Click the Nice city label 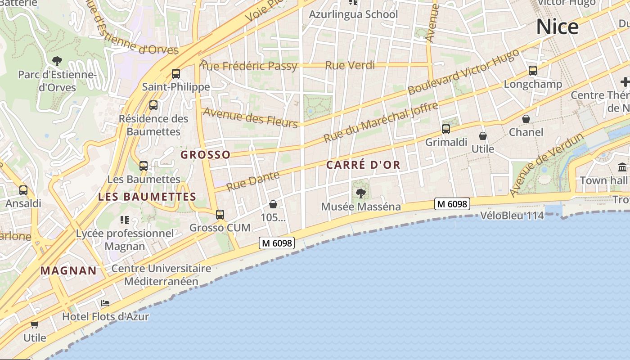tap(557, 27)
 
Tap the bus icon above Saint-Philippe tap(176, 74)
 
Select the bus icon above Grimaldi tap(446, 129)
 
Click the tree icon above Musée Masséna tap(360, 193)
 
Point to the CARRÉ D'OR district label tap(363, 165)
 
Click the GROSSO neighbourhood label tap(205, 155)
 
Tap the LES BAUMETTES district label tap(147, 197)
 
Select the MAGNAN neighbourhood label tap(68, 271)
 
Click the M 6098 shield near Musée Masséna tap(452, 204)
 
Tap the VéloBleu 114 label tap(512, 216)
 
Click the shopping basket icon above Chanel tap(526, 119)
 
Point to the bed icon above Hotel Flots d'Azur tap(105, 303)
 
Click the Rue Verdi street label tap(350, 65)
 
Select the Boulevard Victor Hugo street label tap(463, 72)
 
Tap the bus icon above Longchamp tap(533, 71)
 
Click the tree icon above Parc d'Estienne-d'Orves tap(57, 61)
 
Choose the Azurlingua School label tap(353, 14)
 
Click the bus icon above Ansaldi tap(23, 190)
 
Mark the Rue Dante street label tap(252, 181)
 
